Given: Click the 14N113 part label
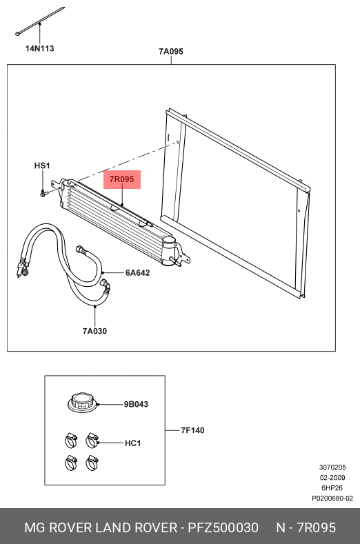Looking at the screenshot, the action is point(39,48).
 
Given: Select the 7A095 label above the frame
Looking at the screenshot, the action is point(171,51).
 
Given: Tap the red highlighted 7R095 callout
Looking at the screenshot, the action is point(122,179).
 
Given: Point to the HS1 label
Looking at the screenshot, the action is point(42,165).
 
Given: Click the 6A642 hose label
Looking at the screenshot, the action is point(137,273).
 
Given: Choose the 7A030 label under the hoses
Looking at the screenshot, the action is point(94,331).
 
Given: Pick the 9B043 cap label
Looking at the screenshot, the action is point(136,404).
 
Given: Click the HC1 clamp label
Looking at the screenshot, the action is point(132,443).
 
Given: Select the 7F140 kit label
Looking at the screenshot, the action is point(192,430).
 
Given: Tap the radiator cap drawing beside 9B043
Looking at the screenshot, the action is point(83,403).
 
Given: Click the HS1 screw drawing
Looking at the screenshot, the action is point(43,193).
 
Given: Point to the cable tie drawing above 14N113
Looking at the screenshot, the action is point(39,21).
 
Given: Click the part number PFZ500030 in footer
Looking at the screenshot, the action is point(223,527).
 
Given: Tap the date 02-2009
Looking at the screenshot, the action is point(332,477).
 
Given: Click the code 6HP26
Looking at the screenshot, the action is point(332,487).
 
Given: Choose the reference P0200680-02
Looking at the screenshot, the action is point(332,498).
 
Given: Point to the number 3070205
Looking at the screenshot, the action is point(332,467).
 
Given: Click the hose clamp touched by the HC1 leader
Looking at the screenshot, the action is point(92,441).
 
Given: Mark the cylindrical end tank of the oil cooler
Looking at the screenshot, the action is point(169,251).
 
